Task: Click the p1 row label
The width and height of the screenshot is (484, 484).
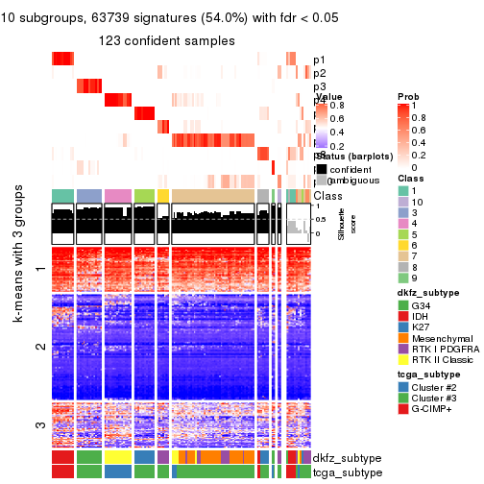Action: pyautogui.click(x=320, y=60)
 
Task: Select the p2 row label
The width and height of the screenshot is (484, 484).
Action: pyautogui.click(x=320, y=73)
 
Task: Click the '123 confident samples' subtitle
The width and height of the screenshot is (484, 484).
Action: pyautogui.click(x=173, y=40)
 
